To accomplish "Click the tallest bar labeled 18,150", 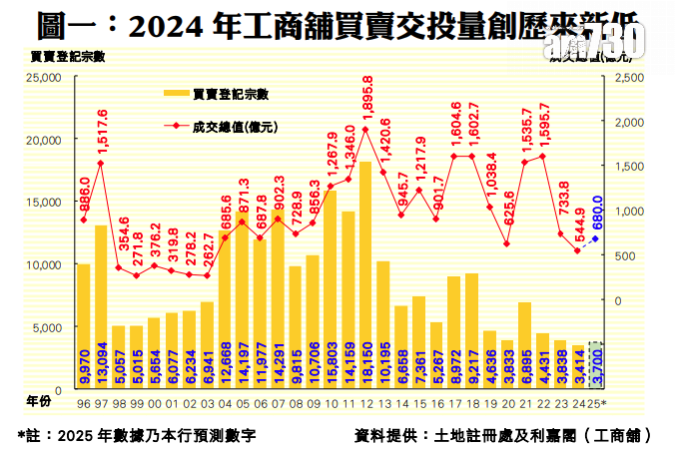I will [365, 274].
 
